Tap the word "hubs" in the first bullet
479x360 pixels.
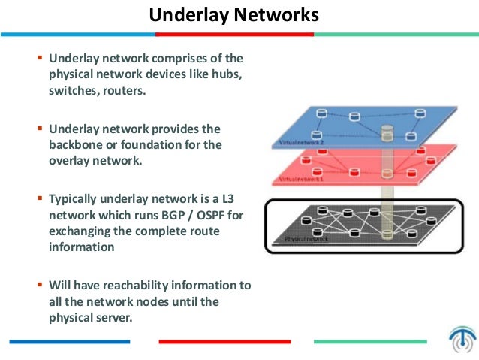point(227,75)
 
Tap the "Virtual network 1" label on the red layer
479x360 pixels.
point(300,180)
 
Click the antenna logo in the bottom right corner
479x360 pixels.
point(461,340)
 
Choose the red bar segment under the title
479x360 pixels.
point(234,35)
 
